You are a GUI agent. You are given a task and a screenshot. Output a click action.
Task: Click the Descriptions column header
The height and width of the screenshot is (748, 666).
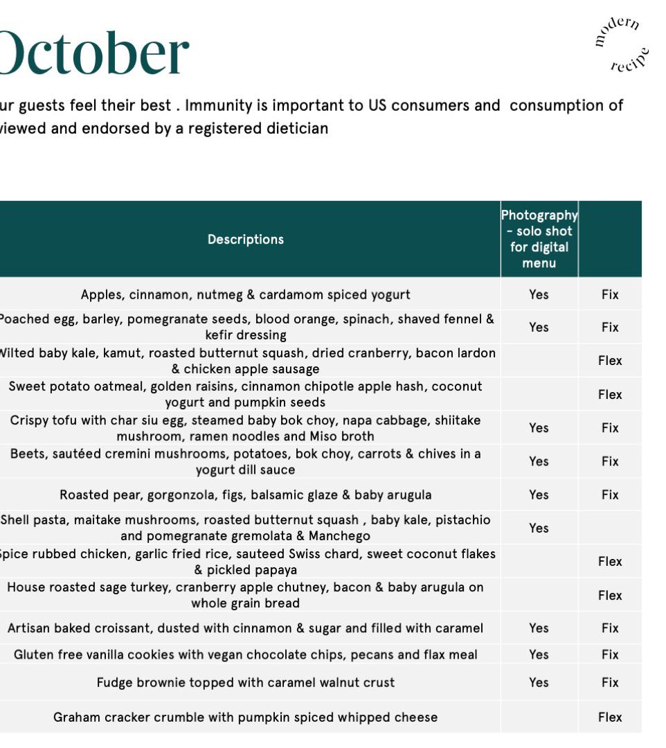click(x=246, y=239)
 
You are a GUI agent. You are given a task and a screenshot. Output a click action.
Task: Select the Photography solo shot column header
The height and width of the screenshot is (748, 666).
click(x=539, y=239)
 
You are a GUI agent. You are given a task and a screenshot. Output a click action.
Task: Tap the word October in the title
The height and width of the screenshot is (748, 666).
click(x=93, y=53)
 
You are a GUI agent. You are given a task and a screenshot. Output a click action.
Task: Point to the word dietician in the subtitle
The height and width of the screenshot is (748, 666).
click(x=297, y=128)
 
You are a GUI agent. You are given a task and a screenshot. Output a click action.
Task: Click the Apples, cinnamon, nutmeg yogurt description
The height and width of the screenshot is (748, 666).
click(x=246, y=294)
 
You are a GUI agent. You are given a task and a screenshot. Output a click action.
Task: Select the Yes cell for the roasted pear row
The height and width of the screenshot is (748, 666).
click(x=539, y=495)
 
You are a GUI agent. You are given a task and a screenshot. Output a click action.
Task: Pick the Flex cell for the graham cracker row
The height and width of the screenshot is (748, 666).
click(x=610, y=717)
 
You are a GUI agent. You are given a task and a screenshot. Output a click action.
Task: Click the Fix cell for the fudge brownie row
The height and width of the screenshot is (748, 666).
click(x=610, y=682)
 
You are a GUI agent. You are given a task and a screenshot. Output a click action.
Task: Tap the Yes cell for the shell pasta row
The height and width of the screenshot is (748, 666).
click(x=539, y=528)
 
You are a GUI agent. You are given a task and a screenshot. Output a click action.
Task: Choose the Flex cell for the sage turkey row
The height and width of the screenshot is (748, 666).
click(x=610, y=595)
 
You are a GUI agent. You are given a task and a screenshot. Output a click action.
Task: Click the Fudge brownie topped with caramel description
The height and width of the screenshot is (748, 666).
click(x=246, y=682)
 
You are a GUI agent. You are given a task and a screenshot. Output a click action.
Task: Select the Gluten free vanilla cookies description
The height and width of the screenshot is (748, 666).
click(x=246, y=654)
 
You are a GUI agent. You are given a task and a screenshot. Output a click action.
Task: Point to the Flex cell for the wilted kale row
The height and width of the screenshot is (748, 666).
click(x=610, y=360)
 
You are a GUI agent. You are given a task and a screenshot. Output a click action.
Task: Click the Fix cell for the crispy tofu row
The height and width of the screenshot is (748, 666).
click(x=610, y=428)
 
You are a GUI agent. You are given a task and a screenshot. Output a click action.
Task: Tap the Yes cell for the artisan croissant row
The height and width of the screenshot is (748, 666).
click(x=539, y=628)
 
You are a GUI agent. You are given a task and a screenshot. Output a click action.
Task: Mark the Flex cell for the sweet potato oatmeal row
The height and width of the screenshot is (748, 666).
click(x=610, y=394)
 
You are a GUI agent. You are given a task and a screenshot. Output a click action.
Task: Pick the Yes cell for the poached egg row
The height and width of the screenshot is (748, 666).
click(x=539, y=327)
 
